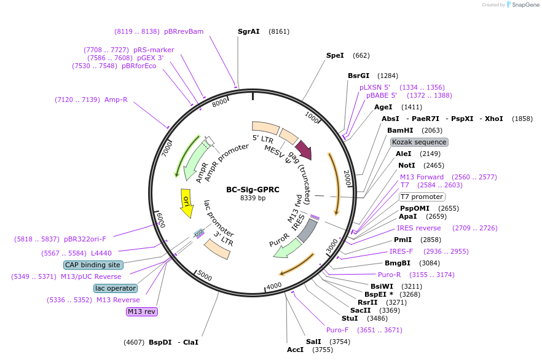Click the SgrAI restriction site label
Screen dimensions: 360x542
[x=249, y=31]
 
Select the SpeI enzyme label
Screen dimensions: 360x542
[x=335, y=55]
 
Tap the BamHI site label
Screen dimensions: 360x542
[x=401, y=130]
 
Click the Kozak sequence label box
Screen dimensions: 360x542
[x=419, y=142]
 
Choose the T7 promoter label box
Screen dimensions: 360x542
[x=422, y=197]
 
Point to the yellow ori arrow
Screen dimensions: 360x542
[x=186, y=203]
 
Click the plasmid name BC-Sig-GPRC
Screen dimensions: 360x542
[x=253, y=190]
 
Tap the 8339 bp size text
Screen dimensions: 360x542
[x=253, y=198]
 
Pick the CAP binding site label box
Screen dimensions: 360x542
[x=93, y=265]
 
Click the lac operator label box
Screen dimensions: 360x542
[x=116, y=288]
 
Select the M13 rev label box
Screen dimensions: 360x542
[x=142, y=311]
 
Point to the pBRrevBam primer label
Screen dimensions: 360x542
[x=184, y=31]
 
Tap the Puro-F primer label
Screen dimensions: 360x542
[x=337, y=330]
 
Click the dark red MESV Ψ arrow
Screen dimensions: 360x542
[x=304, y=149]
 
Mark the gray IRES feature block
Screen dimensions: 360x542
[x=307, y=229]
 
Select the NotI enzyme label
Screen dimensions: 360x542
[x=405, y=165]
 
